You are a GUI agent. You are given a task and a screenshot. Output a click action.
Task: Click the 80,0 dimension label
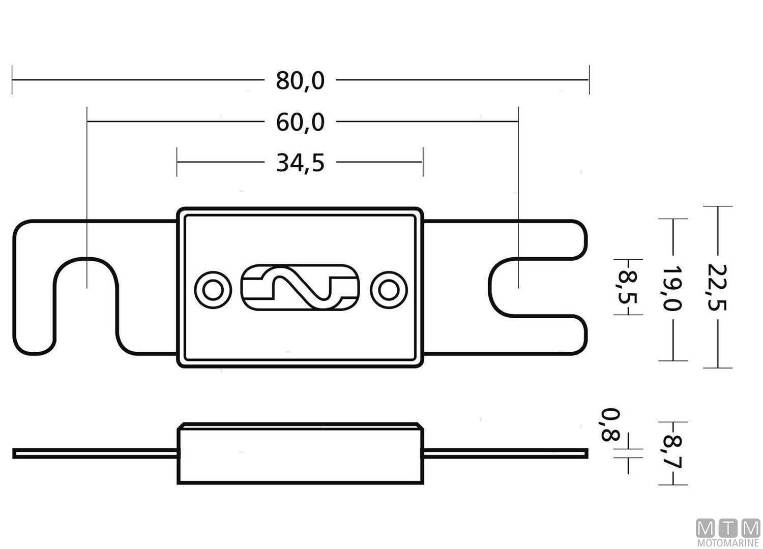[x=300, y=80]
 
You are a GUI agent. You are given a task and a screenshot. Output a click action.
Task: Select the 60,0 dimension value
[x=300, y=123]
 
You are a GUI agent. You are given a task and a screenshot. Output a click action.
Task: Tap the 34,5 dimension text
[x=300, y=163]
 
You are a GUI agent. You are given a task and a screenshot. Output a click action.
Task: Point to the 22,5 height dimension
[x=718, y=287]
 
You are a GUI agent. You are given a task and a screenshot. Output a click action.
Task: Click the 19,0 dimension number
[x=673, y=287]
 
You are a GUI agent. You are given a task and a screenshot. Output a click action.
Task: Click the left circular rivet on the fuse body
[x=212, y=290]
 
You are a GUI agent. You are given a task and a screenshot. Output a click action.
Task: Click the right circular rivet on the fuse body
[x=389, y=290]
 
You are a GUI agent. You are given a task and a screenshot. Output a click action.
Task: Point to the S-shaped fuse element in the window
[x=300, y=288]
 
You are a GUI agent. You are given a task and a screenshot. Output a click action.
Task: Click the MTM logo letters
[x=728, y=529]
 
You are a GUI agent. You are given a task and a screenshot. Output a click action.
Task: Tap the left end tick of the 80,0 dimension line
[x=12, y=80]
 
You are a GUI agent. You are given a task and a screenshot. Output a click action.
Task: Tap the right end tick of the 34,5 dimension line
[x=423, y=162]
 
